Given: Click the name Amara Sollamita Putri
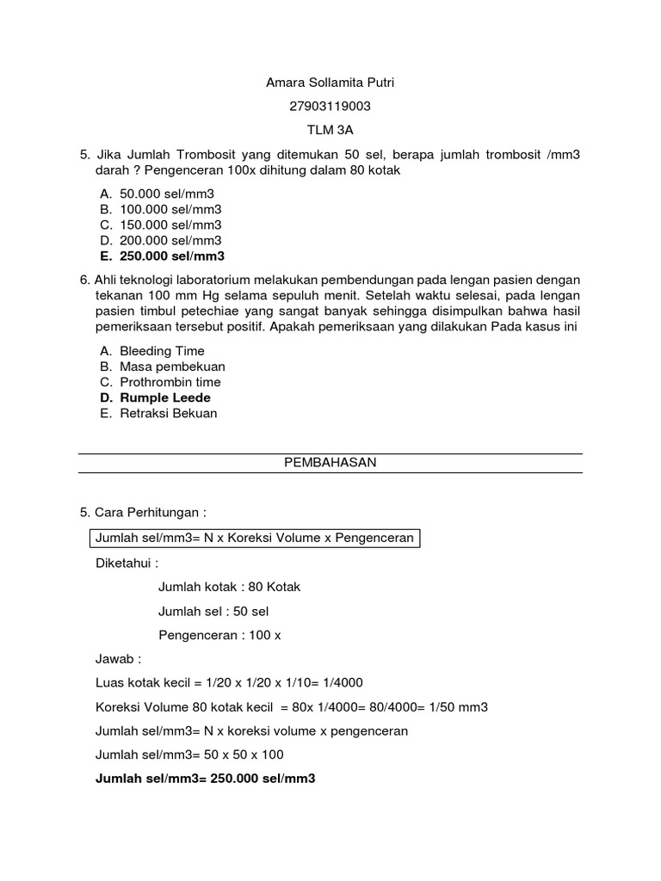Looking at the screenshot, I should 330,83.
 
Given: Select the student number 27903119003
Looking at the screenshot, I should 330,107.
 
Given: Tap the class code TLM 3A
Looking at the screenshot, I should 330,131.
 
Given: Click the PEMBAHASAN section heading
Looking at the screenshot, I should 330,462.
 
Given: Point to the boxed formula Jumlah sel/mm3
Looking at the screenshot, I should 255,538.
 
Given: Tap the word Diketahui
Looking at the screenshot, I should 127,564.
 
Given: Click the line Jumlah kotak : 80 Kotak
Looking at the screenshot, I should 229,587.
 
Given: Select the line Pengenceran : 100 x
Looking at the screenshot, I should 220,635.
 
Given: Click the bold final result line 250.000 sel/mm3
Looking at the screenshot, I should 205,779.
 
